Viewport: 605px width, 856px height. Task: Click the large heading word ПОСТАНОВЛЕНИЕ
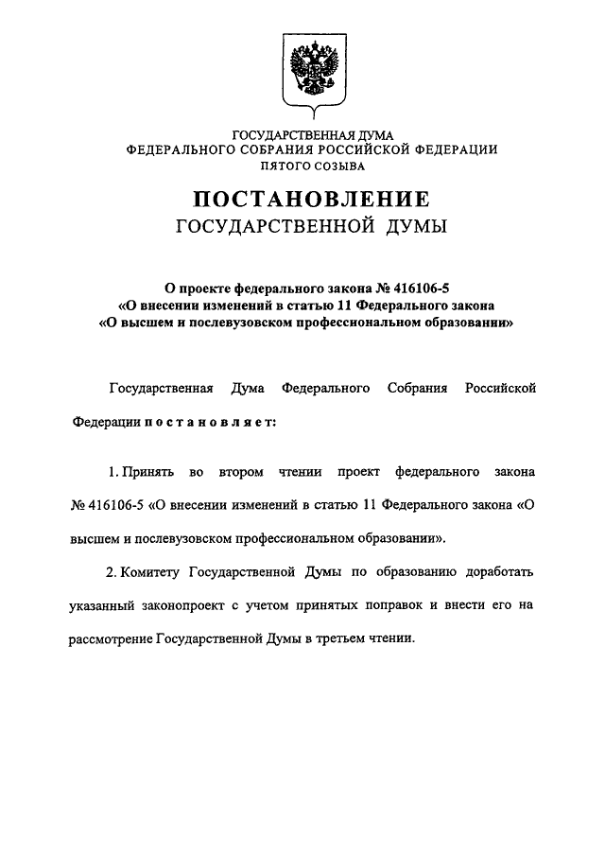pyautogui.click(x=311, y=200)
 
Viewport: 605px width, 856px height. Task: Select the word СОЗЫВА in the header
pyautogui.click(x=341, y=166)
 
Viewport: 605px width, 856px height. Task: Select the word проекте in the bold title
pyautogui.click(x=209, y=286)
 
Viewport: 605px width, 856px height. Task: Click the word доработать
pyautogui.click(x=499, y=572)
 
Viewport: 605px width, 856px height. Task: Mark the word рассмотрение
pyautogui.click(x=114, y=638)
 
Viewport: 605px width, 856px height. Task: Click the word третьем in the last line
pyautogui.click(x=342, y=638)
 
